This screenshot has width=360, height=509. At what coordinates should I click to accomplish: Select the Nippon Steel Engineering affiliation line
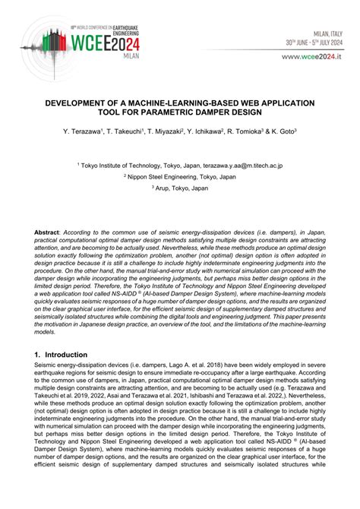pyautogui.click(x=182, y=176)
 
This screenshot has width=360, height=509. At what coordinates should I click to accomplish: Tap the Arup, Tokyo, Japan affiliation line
pyautogui.click(x=182, y=188)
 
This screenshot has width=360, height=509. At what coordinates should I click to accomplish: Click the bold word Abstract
pyautogui.click(x=49, y=229)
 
